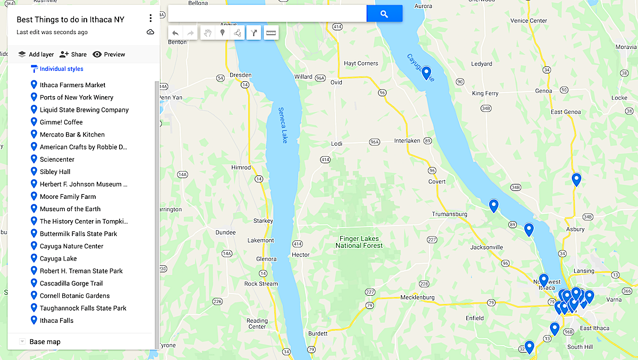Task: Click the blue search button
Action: click(x=384, y=14)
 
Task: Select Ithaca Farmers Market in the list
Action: click(x=72, y=85)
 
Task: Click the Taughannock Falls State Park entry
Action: click(x=83, y=308)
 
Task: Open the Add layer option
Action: click(x=36, y=54)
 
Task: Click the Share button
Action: click(x=73, y=54)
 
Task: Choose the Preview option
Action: click(x=109, y=54)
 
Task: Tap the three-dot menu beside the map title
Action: click(x=150, y=19)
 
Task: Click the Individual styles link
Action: click(x=61, y=69)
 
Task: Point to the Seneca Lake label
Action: click(x=283, y=125)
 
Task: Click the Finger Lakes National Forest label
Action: click(x=359, y=242)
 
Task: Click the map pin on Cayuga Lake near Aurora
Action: click(x=426, y=73)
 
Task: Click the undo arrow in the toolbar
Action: click(x=175, y=33)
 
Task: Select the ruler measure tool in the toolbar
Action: click(x=271, y=33)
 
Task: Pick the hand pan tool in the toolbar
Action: click(x=207, y=33)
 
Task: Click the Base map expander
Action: click(x=22, y=342)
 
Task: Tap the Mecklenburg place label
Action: click(x=417, y=297)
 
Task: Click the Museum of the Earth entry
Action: click(x=70, y=209)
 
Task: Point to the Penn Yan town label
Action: click(x=171, y=98)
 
